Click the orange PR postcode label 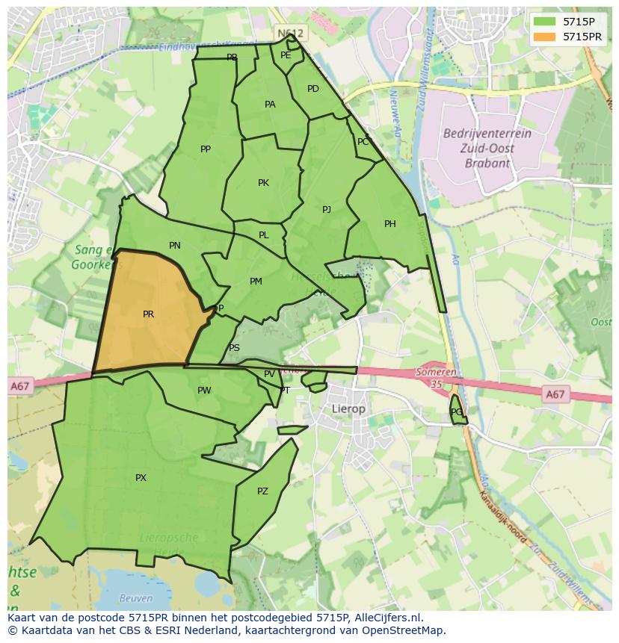click(x=148, y=314)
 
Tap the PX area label click(x=141, y=478)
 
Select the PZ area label click(x=262, y=491)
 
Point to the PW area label click(x=204, y=391)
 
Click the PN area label click(x=175, y=246)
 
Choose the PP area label click(x=206, y=149)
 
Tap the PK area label click(x=263, y=183)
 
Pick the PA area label click(x=270, y=105)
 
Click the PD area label click(x=313, y=89)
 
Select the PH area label click(x=390, y=224)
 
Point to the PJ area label click(x=327, y=210)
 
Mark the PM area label click(x=256, y=282)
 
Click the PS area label click(x=235, y=348)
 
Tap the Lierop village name click(x=348, y=409)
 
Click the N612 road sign click(x=290, y=34)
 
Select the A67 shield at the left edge click(x=20, y=386)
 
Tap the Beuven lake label click(x=136, y=598)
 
